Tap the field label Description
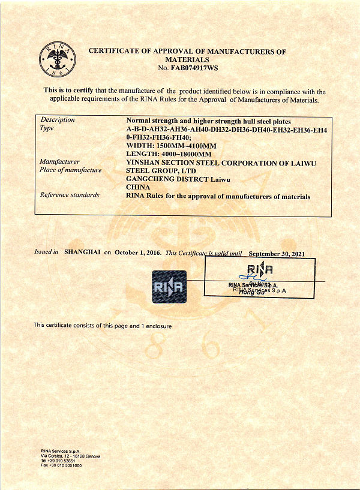[58, 119]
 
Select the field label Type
[47, 128]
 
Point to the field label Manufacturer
[59, 162]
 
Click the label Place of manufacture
[70, 170]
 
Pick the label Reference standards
[69, 195]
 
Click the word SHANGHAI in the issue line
[82, 253]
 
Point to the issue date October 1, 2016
[138, 253]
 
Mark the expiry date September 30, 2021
[277, 254]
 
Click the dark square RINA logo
[169, 288]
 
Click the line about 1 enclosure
[103, 326]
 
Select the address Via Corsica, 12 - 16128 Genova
[70, 456]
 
